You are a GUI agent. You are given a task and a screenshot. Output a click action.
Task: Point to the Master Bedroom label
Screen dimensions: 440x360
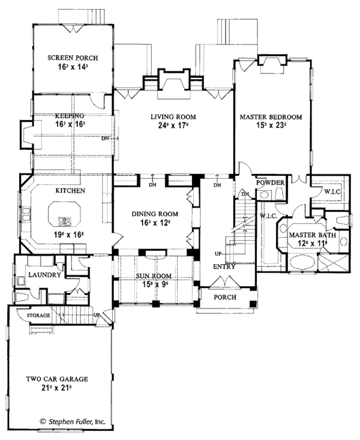(271, 116)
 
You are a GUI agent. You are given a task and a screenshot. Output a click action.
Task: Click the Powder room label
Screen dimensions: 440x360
(270, 182)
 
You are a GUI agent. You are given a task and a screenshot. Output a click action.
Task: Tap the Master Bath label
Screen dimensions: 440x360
(307, 235)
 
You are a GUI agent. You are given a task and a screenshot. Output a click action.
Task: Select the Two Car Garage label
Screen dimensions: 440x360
(57, 379)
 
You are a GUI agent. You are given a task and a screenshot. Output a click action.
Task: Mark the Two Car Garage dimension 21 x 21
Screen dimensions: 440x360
(57, 388)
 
